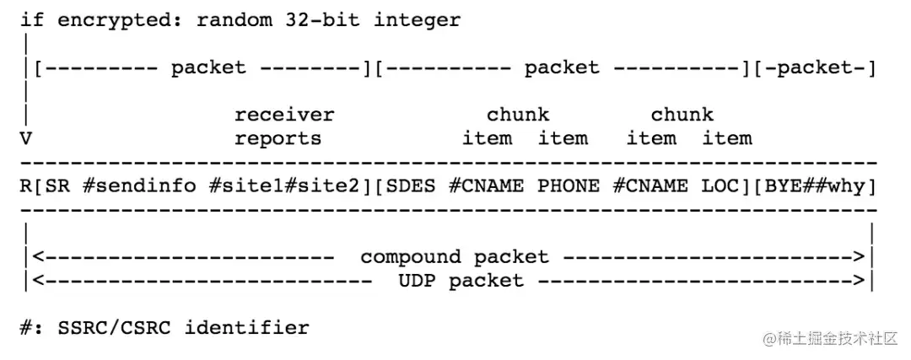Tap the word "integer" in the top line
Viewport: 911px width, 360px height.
click(x=418, y=20)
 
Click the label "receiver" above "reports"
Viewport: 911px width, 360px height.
click(x=284, y=115)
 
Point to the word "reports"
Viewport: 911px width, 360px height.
click(x=278, y=138)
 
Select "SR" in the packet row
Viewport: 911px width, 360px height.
click(x=57, y=185)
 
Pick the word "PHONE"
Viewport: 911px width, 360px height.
click(x=569, y=185)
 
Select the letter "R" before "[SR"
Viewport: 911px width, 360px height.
click(x=25, y=185)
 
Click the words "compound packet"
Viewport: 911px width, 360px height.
click(x=454, y=256)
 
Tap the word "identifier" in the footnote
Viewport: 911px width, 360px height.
click(x=246, y=327)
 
